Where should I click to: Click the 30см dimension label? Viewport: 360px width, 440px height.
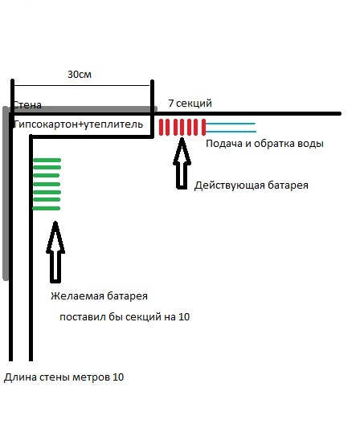(x=80, y=75)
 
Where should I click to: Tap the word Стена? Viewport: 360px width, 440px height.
(x=27, y=105)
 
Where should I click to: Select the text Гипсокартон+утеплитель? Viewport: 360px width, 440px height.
(x=78, y=124)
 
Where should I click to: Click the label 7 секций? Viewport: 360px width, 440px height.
(x=190, y=104)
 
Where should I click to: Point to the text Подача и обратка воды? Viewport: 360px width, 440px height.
(x=265, y=144)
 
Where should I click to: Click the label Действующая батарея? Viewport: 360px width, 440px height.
(x=252, y=185)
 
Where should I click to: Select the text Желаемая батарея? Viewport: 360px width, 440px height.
(x=99, y=296)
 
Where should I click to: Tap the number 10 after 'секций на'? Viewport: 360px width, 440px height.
(x=184, y=317)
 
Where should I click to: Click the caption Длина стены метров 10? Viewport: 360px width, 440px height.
(x=63, y=377)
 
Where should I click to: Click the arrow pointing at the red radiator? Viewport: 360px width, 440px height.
(x=182, y=163)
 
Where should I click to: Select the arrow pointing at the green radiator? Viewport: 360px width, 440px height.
(x=55, y=252)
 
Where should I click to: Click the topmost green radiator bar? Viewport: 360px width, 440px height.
(x=47, y=161)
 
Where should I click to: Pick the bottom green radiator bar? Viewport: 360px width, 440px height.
(x=47, y=208)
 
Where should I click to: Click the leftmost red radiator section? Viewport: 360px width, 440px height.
(x=161, y=127)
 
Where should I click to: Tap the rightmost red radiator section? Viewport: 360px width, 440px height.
(x=204, y=127)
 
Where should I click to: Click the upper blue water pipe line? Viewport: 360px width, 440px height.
(x=231, y=124)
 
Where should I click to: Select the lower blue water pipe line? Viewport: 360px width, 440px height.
(x=231, y=132)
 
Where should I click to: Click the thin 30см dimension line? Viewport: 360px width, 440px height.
(x=82, y=85)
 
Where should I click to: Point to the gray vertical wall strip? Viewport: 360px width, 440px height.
(x=6, y=194)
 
